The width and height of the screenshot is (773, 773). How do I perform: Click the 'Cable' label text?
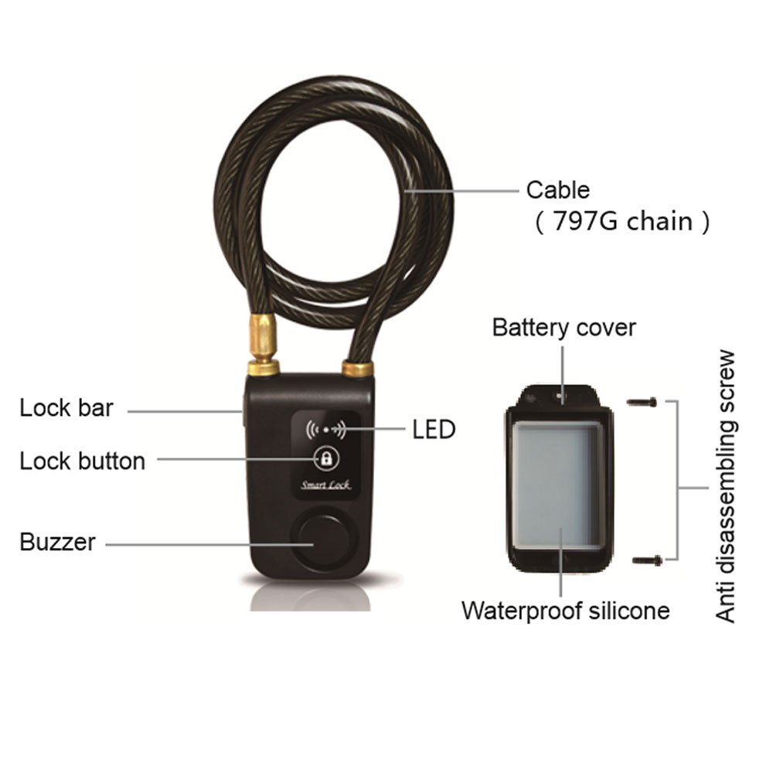click(557, 189)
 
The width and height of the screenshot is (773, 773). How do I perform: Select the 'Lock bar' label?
click(66, 407)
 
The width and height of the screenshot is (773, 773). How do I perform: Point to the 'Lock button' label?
click(82, 461)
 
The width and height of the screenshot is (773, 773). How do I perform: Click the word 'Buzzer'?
click(57, 542)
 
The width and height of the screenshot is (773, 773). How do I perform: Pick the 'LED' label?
click(434, 430)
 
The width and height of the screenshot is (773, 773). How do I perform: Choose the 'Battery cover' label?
click(564, 327)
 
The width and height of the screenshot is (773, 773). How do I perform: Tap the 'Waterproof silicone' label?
click(565, 610)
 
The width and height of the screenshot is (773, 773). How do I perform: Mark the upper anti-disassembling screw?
click(642, 402)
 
